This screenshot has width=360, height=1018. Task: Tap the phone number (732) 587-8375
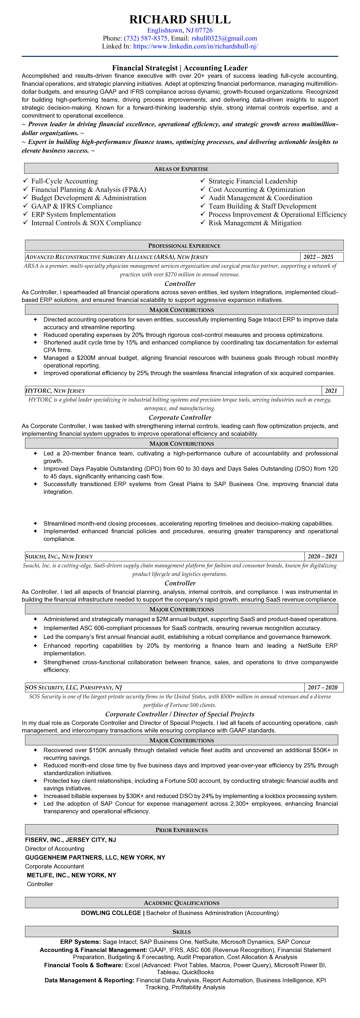(x=145, y=38)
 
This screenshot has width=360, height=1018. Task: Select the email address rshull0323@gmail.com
(x=224, y=38)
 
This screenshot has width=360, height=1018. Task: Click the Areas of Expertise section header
(x=181, y=169)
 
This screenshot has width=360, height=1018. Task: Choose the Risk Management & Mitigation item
(x=255, y=223)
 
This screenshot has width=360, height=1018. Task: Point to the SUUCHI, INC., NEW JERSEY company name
(x=59, y=556)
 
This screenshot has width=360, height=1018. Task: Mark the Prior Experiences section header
(x=181, y=830)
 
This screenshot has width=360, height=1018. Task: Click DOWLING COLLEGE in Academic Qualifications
(x=111, y=913)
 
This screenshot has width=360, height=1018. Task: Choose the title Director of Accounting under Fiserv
(x=55, y=849)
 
